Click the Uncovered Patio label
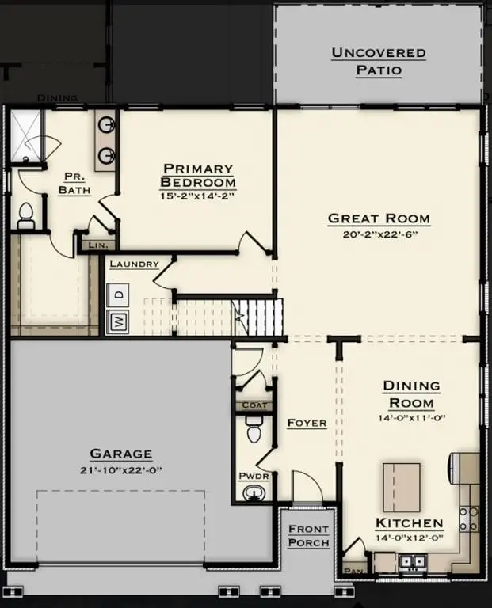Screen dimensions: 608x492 (x=378, y=62)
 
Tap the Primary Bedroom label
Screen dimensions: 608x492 (x=198, y=175)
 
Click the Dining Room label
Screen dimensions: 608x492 (x=411, y=393)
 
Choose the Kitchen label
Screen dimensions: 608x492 (x=409, y=523)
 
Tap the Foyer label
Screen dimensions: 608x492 (x=307, y=423)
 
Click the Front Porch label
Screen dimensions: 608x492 (x=308, y=535)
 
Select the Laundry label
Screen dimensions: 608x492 (x=134, y=264)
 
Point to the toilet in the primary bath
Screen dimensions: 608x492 (x=25, y=215)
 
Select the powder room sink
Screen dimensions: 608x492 (x=254, y=493)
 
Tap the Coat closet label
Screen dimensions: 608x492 (x=252, y=405)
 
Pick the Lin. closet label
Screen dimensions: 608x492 (x=97, y=245)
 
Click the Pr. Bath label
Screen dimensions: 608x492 (x=74, y=183)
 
